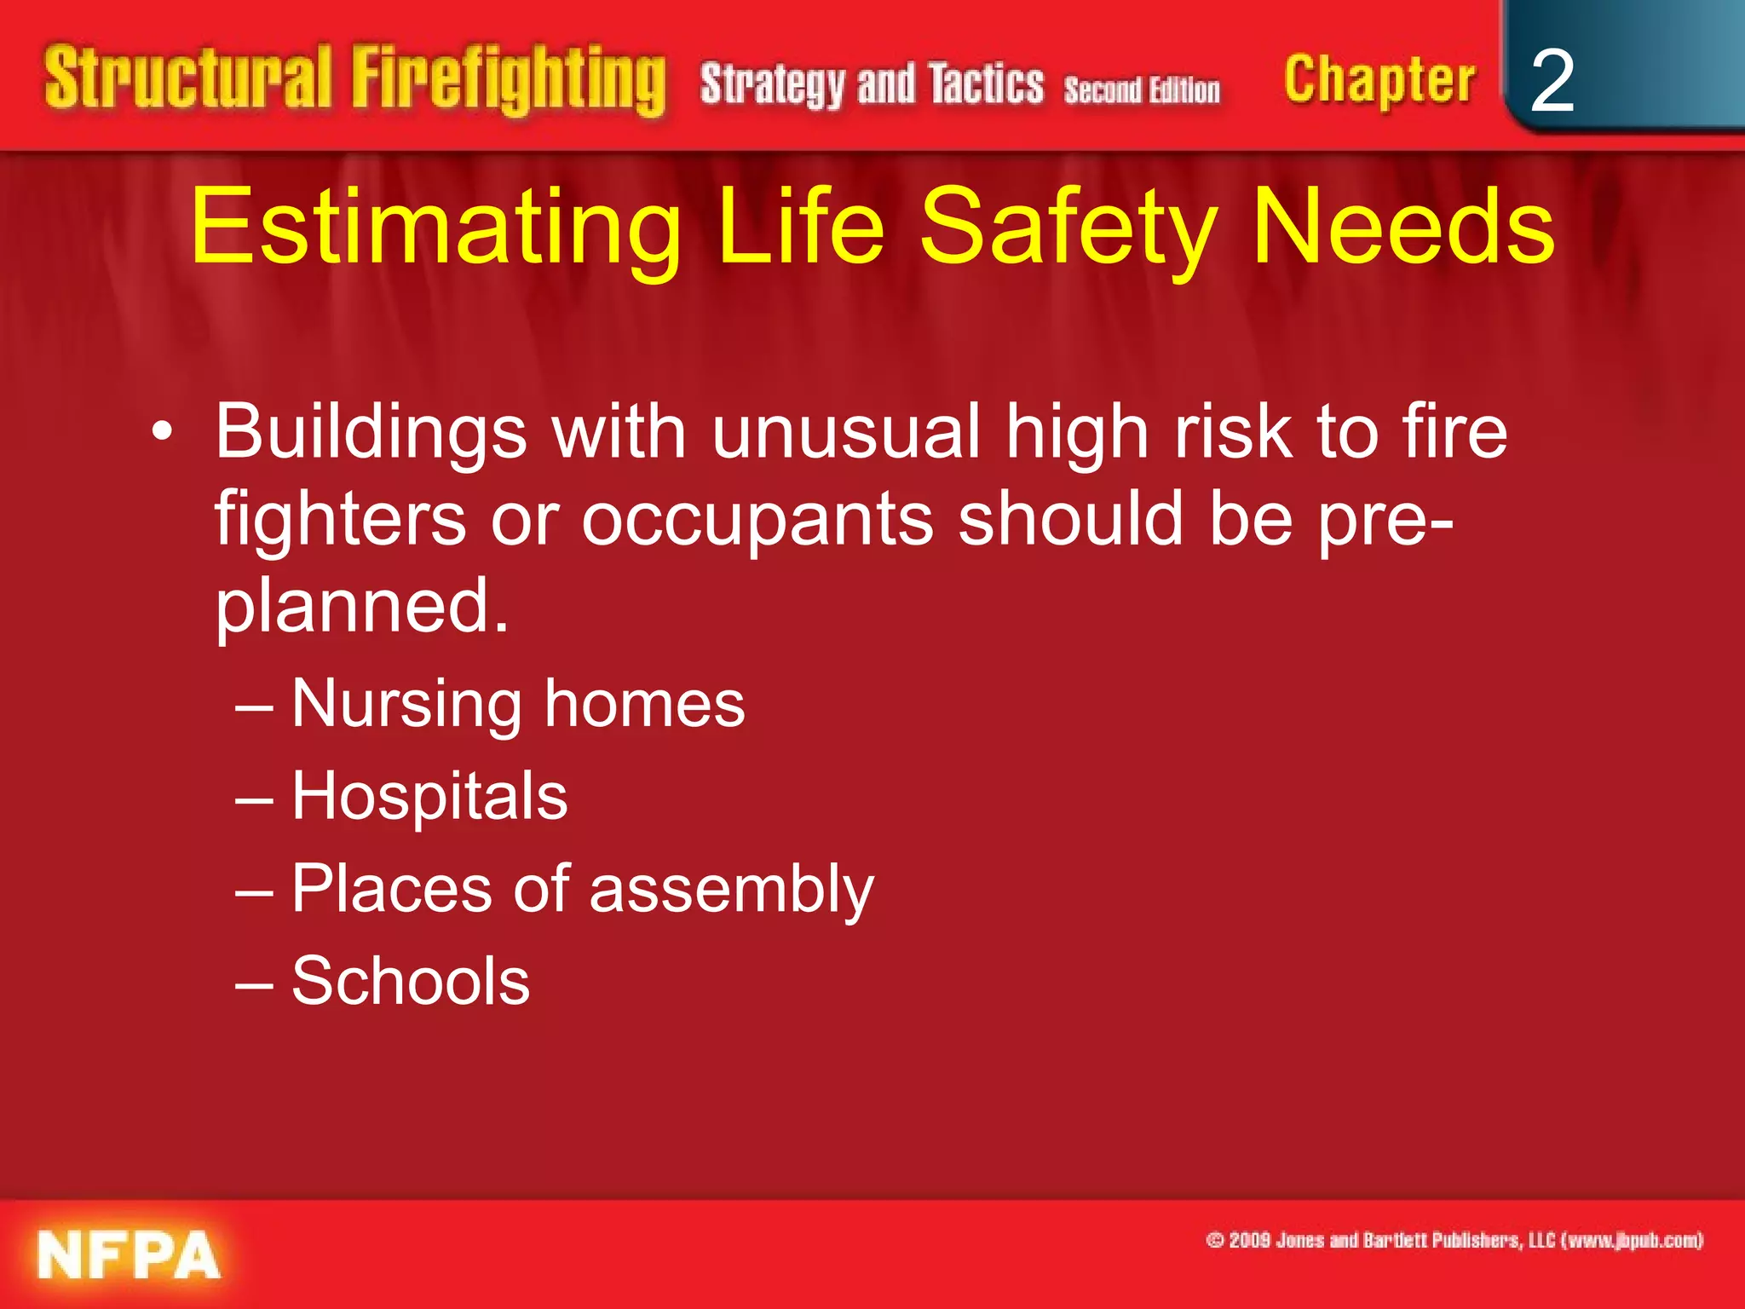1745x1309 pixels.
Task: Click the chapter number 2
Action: (1552, 81)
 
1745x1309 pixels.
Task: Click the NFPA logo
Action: (129, 1255)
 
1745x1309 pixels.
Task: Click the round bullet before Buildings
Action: (162, 434)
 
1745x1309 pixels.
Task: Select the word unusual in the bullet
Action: (846, 432)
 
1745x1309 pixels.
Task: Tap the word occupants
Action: (757, 520)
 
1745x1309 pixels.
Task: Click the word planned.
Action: (361, 607)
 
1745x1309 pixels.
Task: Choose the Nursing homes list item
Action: (517, 704)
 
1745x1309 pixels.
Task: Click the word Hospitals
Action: (429, 796)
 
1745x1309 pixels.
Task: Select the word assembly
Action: (731, 890)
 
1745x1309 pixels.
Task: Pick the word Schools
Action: (411, 981)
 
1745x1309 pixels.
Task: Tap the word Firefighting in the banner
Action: (508, 80)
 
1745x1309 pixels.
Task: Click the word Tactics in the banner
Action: (986, 84)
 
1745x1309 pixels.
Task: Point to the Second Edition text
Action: (1141, 89)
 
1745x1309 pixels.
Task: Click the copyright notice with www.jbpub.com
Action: (1454, 1240)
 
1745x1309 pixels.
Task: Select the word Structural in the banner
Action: (187, 78)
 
